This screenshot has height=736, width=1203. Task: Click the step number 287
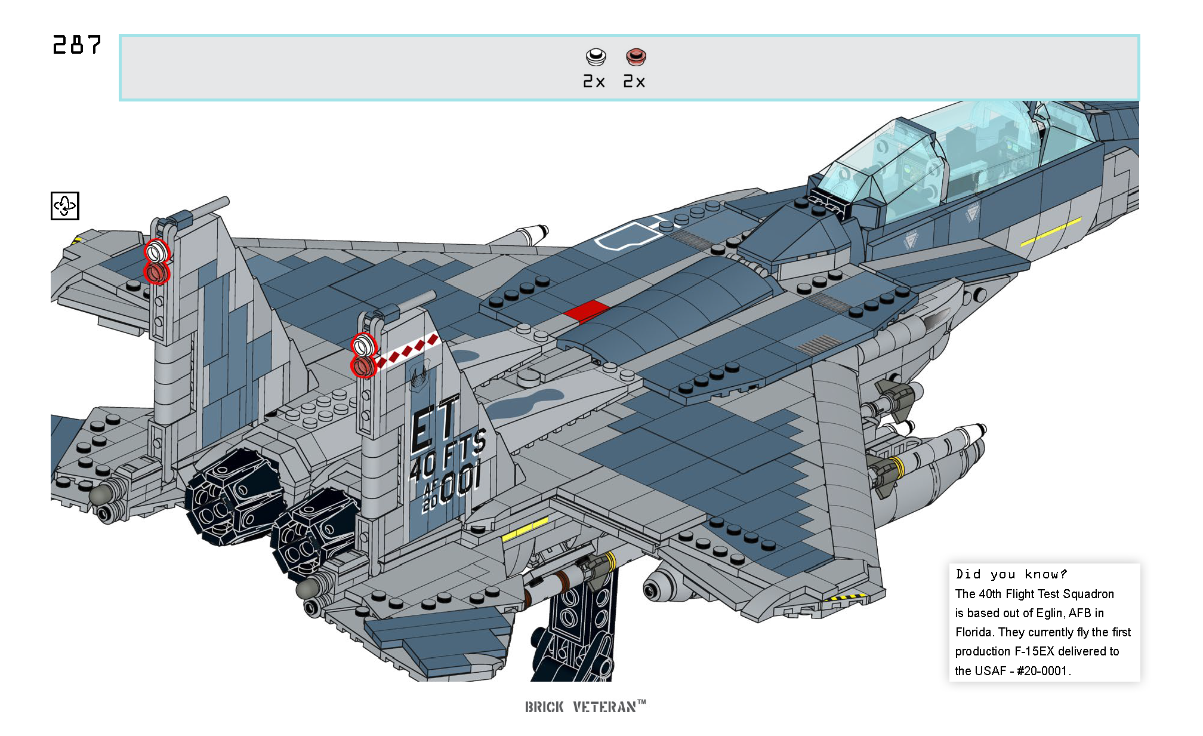(77, 45)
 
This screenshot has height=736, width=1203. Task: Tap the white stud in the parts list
(596, 57)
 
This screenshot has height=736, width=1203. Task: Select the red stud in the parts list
(636, 57)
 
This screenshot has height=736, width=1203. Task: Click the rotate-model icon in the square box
(65, 206)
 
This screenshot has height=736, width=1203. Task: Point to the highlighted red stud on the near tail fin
(363, 366)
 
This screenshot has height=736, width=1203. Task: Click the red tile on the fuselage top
(587, 311)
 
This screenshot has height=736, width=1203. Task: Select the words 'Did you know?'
(1011, 574)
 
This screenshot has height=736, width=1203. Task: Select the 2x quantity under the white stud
(594, 82)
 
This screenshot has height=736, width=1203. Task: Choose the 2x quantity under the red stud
(634, 82)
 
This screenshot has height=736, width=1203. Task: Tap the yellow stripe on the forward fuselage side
(1050, 232)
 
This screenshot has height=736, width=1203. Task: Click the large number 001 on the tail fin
(459, 481)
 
